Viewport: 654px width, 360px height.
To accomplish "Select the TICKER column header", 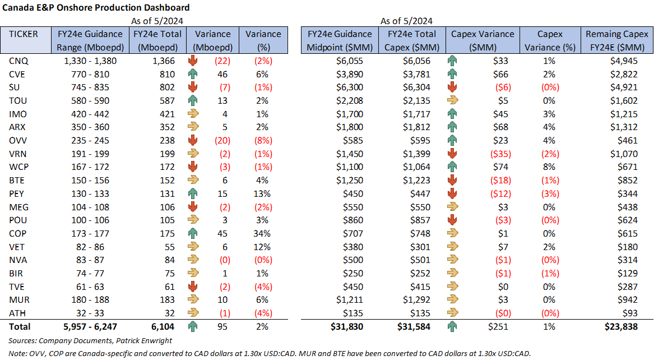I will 24,34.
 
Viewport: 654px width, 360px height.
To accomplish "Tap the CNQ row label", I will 17,61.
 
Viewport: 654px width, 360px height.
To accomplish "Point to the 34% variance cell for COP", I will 263,233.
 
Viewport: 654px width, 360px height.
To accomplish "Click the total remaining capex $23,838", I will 620,326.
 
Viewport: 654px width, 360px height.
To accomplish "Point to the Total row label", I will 20,326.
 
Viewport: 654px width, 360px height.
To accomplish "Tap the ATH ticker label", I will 16,313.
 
